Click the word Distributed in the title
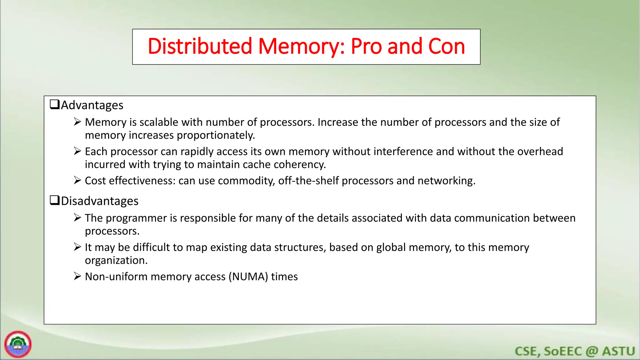[200, 46]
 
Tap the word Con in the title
[447, 46]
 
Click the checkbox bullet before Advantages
[55, 104]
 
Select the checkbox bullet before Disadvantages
[55, 200]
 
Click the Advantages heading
[92, 105]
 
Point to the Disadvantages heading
[100, 201]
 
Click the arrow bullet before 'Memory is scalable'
[77, 122]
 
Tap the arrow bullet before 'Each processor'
[77, 151]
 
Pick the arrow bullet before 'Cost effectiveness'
[77, 180]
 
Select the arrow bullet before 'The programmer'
[77, 217]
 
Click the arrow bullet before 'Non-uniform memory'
[77, 276]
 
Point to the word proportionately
[216, 135]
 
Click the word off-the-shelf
[308, 181]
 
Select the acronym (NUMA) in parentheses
[248, 277]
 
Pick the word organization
[116, 260]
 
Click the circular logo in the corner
[18, 344]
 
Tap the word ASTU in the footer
[618, 351]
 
